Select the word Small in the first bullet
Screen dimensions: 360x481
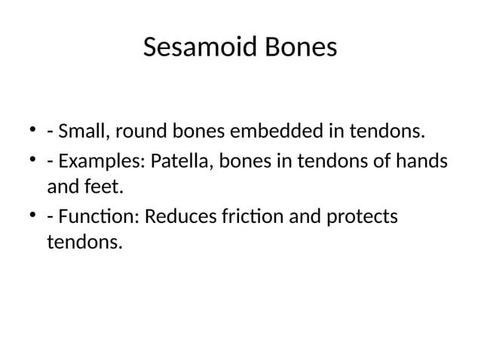tap(83, 133)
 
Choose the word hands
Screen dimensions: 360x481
tap(419, 161)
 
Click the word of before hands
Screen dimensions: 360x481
tap(383, 161)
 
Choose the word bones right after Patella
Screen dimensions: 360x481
tap(231, 161)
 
